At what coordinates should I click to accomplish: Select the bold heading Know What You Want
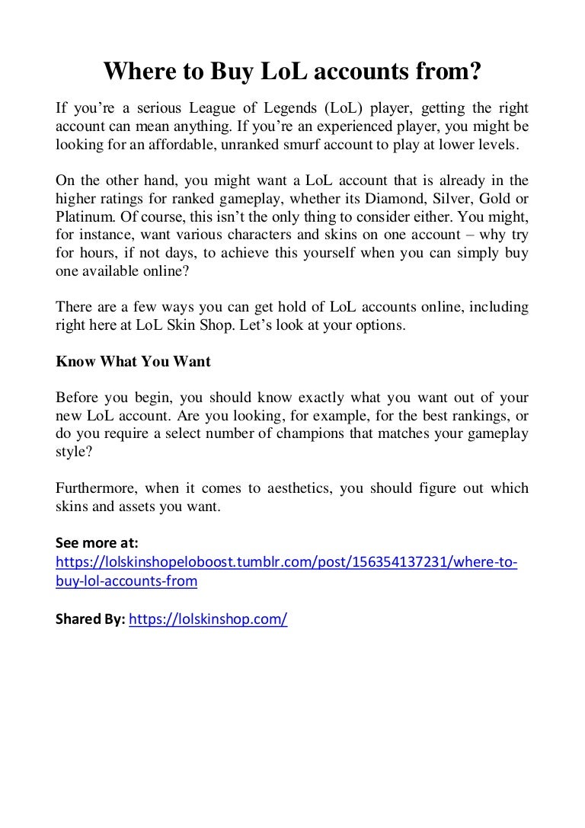click(133, 362)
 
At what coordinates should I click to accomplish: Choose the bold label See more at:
click(97, 544)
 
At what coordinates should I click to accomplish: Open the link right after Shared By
click(208, 619)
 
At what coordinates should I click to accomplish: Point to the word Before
click(78, 398)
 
